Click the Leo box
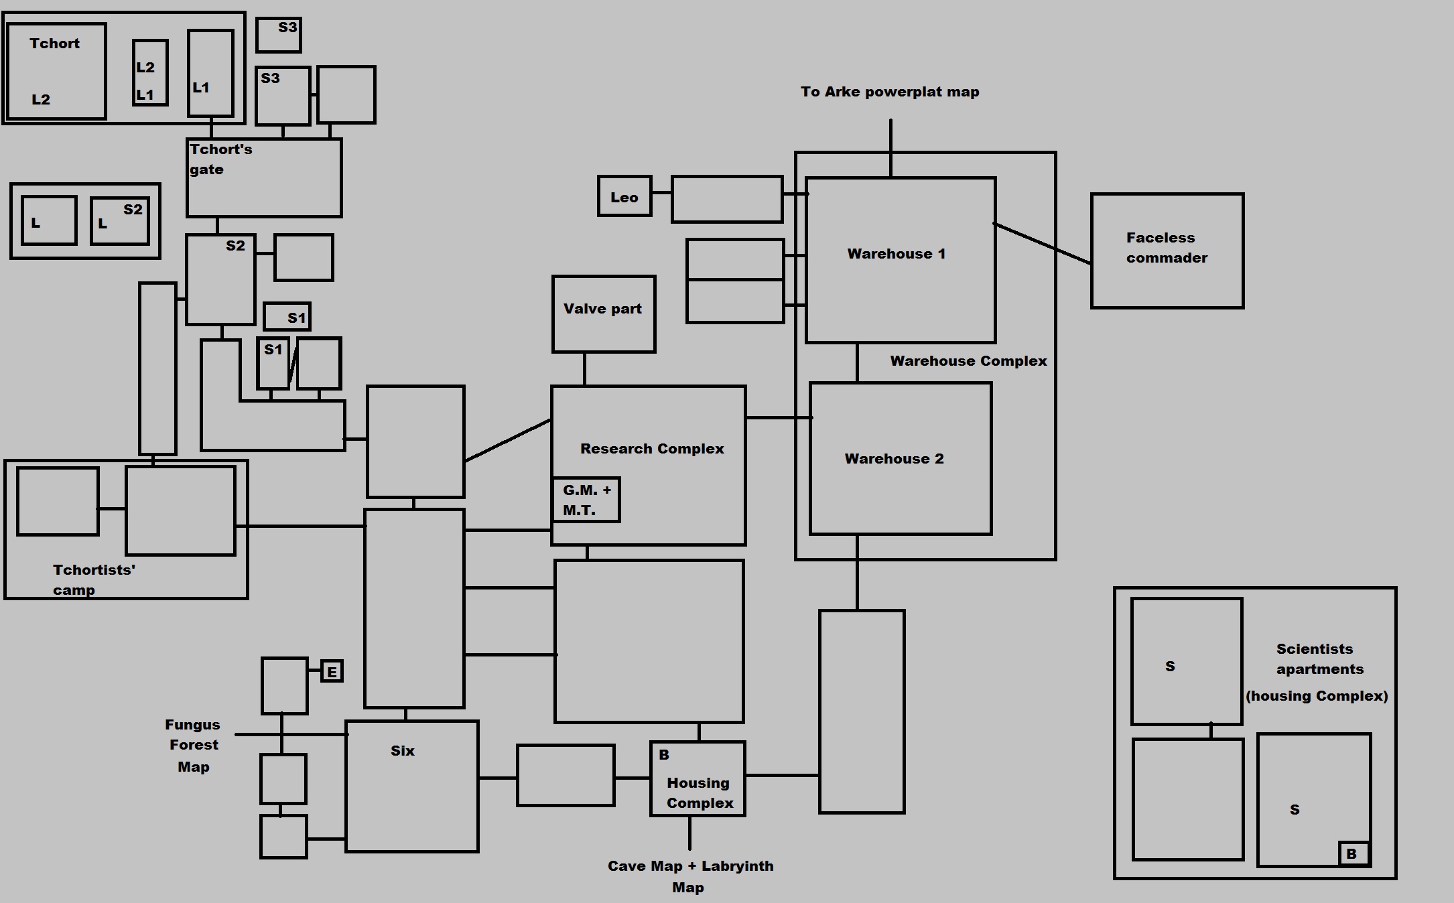click(624, 196)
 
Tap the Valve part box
click(603, 314)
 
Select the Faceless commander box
click(1167, 251)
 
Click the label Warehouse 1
click(896, 254)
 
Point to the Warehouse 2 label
click(894, 459)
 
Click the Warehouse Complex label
click(968, 361)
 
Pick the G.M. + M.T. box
click(586, 500)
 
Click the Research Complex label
click(652, 449)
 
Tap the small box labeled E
click(332, 671)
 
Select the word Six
click(403, 751)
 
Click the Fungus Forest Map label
click(193, 746)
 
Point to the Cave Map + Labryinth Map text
click(690, 876)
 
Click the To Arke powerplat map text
click(890, 92)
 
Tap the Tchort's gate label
click(220, 159)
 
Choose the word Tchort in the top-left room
click(54, 44)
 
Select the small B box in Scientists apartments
click(1353, 853)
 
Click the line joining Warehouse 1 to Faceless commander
click(1043, 244)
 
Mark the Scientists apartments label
click(1319, 659)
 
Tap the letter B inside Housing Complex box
click(664, 755)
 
